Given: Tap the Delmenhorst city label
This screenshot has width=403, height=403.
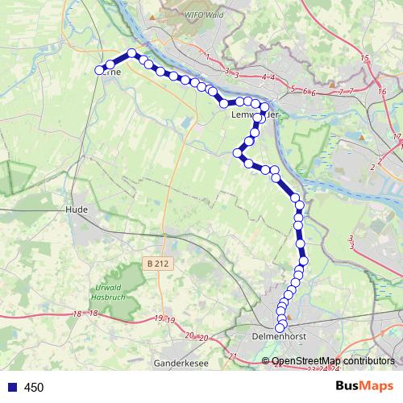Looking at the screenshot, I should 276,338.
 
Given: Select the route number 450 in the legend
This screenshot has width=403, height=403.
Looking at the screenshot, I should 34,387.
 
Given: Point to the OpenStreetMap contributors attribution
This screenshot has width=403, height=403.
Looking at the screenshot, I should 333,360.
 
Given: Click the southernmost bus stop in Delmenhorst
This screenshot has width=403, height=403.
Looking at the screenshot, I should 280,327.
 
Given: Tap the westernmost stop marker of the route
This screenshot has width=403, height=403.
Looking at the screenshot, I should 101,71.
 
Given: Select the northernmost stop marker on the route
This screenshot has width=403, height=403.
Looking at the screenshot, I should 131,53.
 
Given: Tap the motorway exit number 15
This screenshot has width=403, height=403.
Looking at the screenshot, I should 364,59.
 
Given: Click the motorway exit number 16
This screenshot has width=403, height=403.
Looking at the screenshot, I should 380,92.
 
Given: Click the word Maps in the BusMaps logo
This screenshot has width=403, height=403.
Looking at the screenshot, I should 377,386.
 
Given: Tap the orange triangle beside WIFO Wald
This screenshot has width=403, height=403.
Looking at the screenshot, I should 150,15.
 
